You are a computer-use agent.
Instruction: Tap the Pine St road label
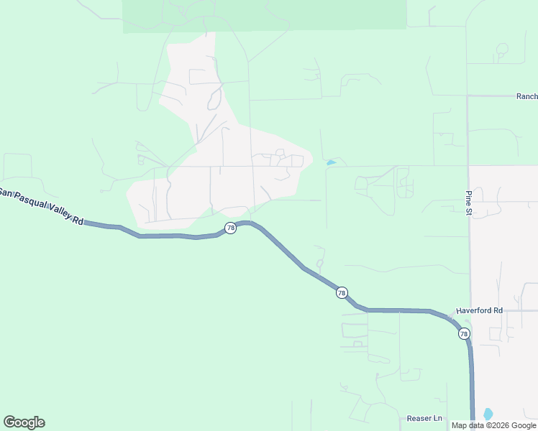[468, 203]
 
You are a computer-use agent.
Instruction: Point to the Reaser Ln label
[424, 418]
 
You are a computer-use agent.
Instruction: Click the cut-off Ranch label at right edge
[526, 96]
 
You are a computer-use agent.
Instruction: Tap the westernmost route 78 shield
[230, 228]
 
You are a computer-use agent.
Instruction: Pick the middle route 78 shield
[342, 292]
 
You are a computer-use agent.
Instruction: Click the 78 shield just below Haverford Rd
[464, 334]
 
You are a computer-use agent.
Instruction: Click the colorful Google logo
[24, 422]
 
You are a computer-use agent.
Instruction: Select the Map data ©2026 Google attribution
[493, 425]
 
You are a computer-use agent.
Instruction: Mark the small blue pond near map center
[331, 163]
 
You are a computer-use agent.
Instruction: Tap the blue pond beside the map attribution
[488, 414]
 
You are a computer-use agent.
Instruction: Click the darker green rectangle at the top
[265, 14]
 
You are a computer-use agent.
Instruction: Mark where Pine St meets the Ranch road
[468, 96]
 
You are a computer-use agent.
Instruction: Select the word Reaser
[419, 418]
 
